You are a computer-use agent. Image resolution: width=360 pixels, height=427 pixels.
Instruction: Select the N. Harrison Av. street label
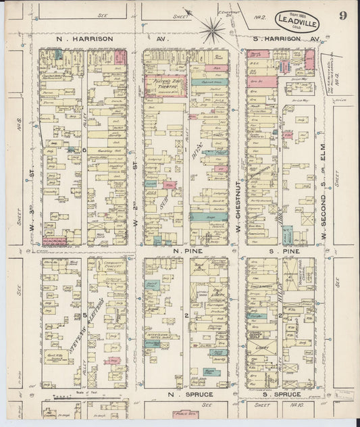coord(84,39)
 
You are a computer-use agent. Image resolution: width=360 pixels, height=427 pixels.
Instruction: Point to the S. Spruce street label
coord(274,394)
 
